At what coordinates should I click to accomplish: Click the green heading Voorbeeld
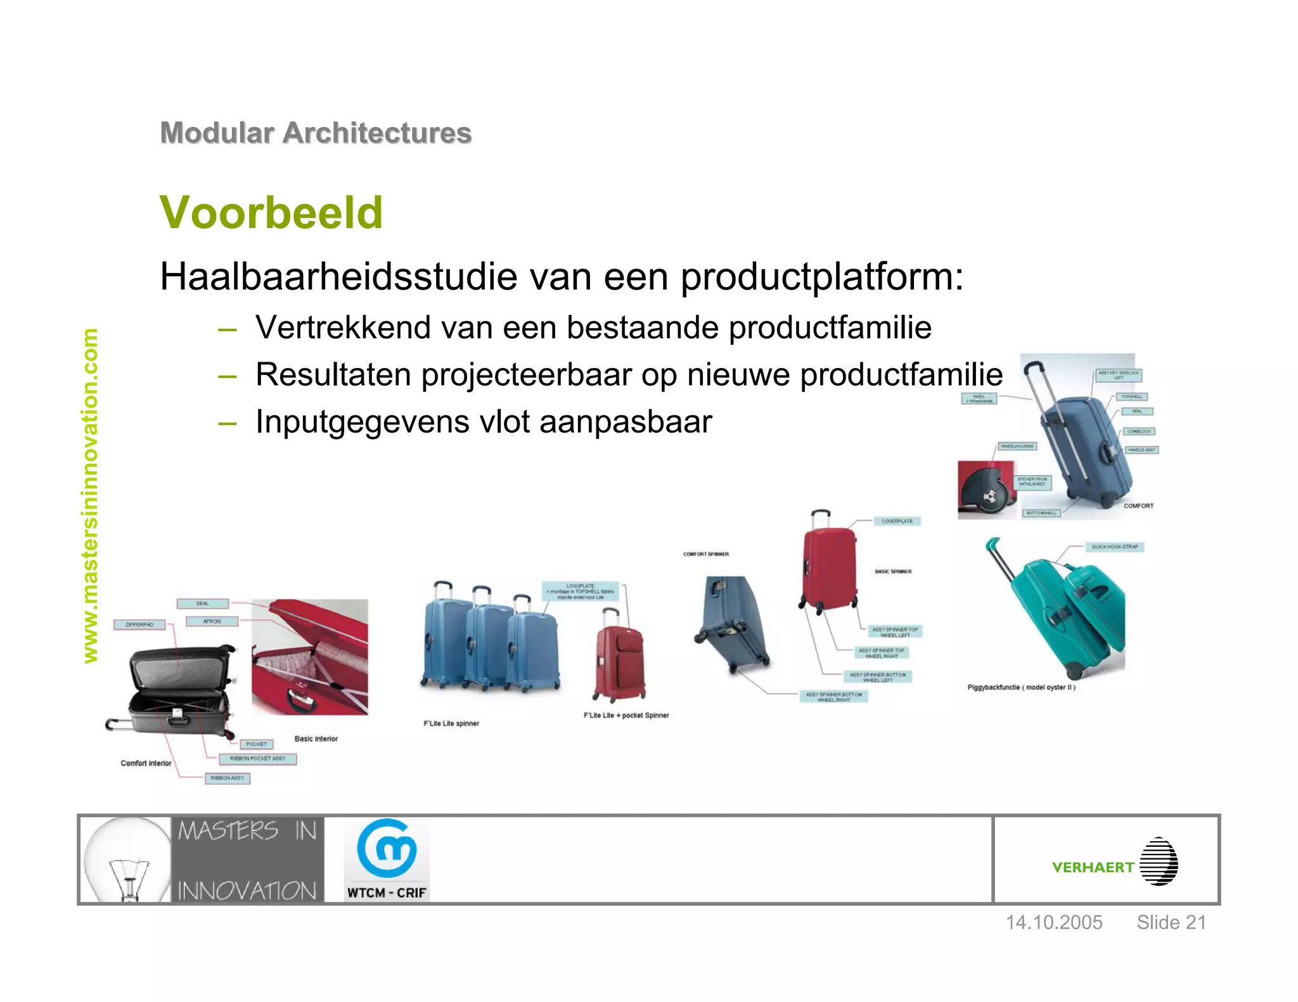(271, 212)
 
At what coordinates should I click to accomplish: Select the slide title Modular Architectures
(316, 133)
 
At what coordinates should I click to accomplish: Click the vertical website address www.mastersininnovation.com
(91, 495)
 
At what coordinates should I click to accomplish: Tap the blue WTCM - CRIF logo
(387, 859)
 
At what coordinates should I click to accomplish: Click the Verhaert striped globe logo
(1158, 861)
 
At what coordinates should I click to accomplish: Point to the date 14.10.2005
(1054, 922)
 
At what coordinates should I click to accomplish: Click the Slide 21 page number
(1171, 922)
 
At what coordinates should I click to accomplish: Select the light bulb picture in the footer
(127, 859)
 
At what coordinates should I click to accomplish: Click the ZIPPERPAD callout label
(139, 625)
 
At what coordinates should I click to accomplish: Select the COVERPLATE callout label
(897, 521)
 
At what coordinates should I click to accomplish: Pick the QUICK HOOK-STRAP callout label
(1114, 547)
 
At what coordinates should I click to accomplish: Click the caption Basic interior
(316, 739)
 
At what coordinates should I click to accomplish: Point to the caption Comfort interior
(146, 763)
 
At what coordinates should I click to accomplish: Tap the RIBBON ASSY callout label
(227, 778)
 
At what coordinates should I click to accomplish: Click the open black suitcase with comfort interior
(179, 690)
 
